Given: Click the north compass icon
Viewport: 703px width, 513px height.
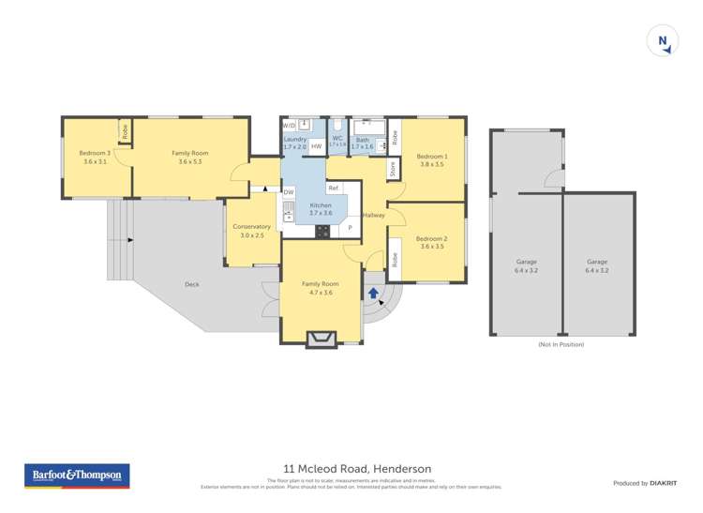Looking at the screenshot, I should pyautogui.click(x=663, y=40).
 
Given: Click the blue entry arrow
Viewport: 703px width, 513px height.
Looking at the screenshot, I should pyautogui.click(x=373, y=294).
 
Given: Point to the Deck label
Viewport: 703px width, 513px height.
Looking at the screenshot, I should pyautogui.click(x=192, y=284).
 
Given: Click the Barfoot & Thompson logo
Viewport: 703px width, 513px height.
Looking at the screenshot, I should pyautogui.click(x=77, y=476).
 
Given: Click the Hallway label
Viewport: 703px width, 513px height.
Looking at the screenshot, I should pyautogui.click(x=374, y=216).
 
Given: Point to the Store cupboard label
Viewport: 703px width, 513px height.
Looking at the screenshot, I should pyautogui.click(x=393, y=169).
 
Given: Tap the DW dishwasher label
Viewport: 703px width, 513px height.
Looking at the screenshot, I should pyautogui.click(x=289, y=191).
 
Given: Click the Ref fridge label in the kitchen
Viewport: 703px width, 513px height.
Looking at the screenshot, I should pyautogui.click(x=333, y=189).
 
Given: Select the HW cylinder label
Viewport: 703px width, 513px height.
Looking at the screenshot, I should pyautogui.click(x=317, y=146).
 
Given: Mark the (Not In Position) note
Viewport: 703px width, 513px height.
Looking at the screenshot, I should pyautogui.click(x=561, y=345).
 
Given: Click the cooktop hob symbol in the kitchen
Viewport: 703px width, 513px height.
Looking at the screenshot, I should pyautogui.click(x=322, y=230).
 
